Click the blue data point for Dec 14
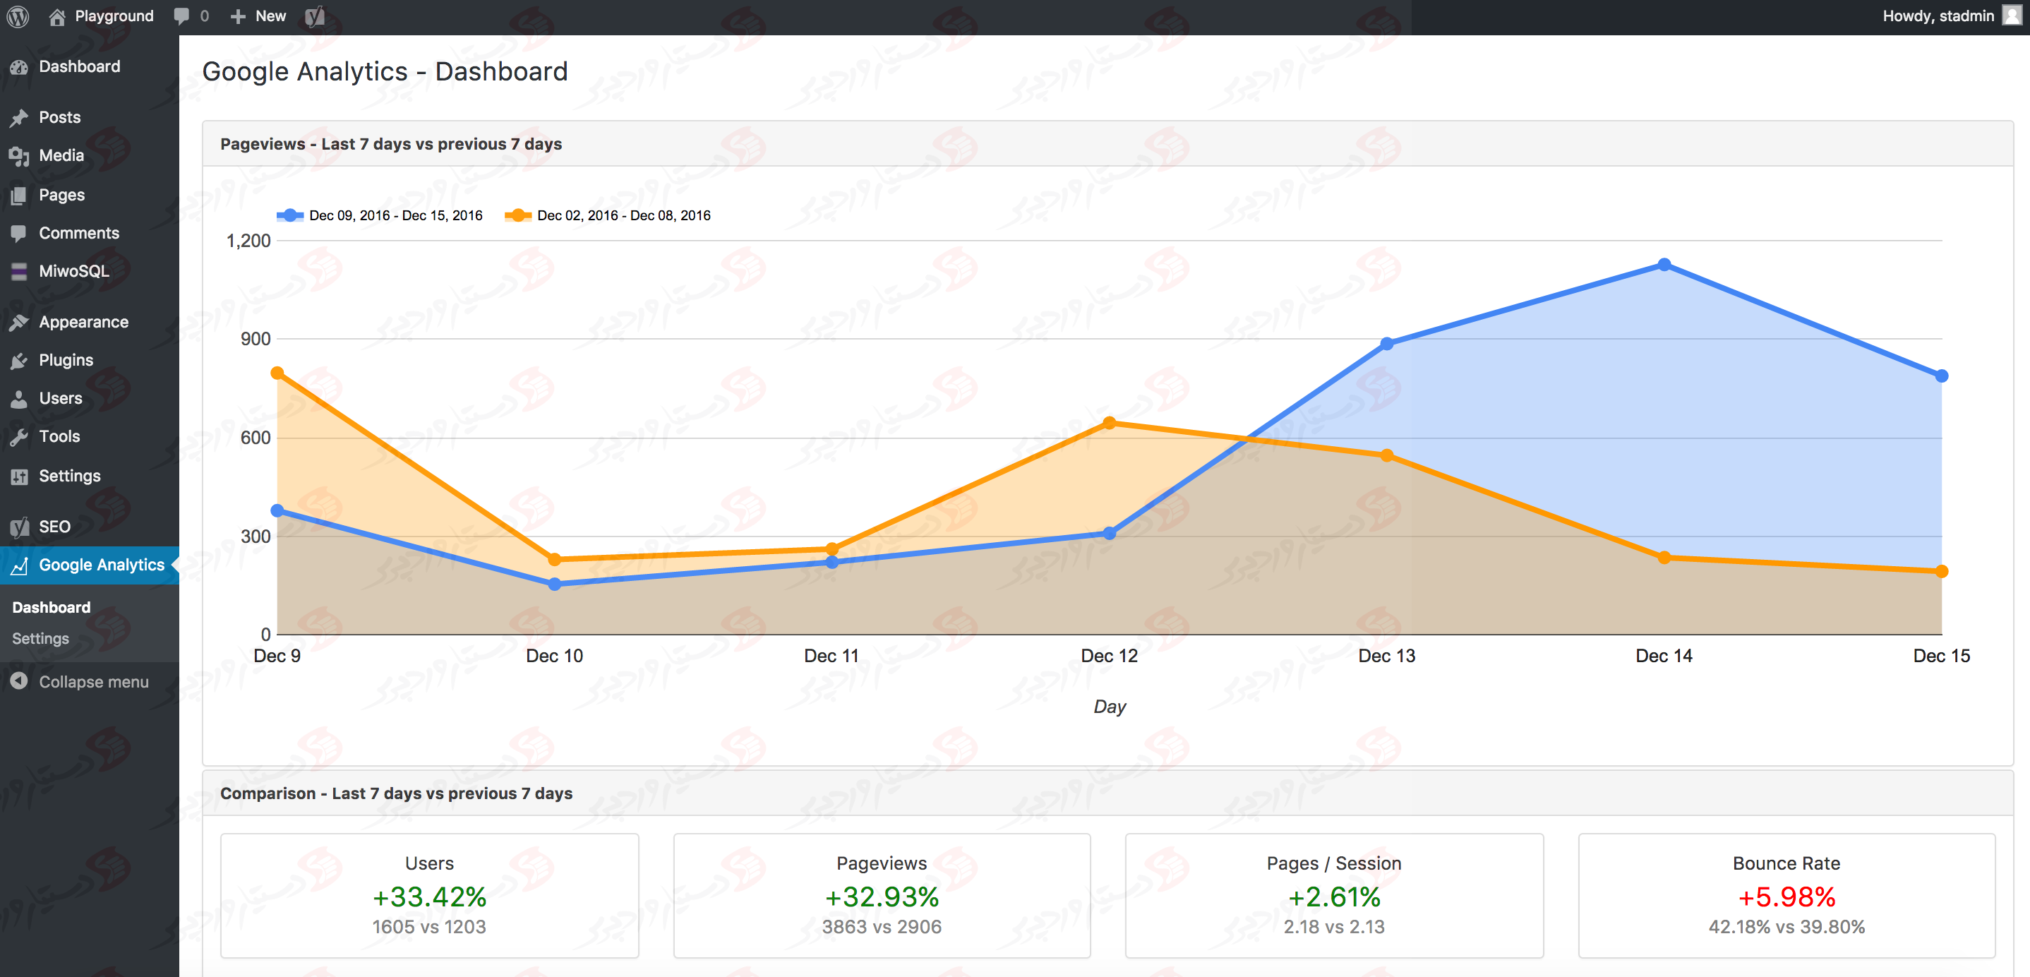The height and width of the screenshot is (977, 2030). tap(1664, 265)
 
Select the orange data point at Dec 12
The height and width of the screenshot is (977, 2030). tap(1109, 423)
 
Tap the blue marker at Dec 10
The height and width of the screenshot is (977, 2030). tap(554, 584)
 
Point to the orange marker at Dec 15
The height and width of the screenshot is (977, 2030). tap(1941, 571)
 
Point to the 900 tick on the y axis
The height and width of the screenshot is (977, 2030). tap(256, 339)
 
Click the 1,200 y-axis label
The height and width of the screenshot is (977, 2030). tap(248, 240)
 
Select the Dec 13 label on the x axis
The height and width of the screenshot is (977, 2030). tap(1386, 656)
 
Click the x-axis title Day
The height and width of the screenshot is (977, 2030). tap(1109, 707)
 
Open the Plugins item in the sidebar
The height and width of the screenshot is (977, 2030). tap(66, 360)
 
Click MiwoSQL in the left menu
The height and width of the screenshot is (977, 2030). tap(74, 271)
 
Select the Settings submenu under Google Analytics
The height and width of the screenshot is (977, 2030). tap(40, 638)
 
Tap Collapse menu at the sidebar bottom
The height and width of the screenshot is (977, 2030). tap(93, 681)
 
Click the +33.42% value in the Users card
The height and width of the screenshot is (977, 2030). tap(429, 897)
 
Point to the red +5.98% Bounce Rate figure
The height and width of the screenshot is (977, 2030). tap(1786, 897)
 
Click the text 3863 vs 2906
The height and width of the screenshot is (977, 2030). tap(881, 928)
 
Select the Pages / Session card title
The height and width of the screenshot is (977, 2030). tap(1333, 863)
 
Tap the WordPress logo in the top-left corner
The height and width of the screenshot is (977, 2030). tap(18, 16)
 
